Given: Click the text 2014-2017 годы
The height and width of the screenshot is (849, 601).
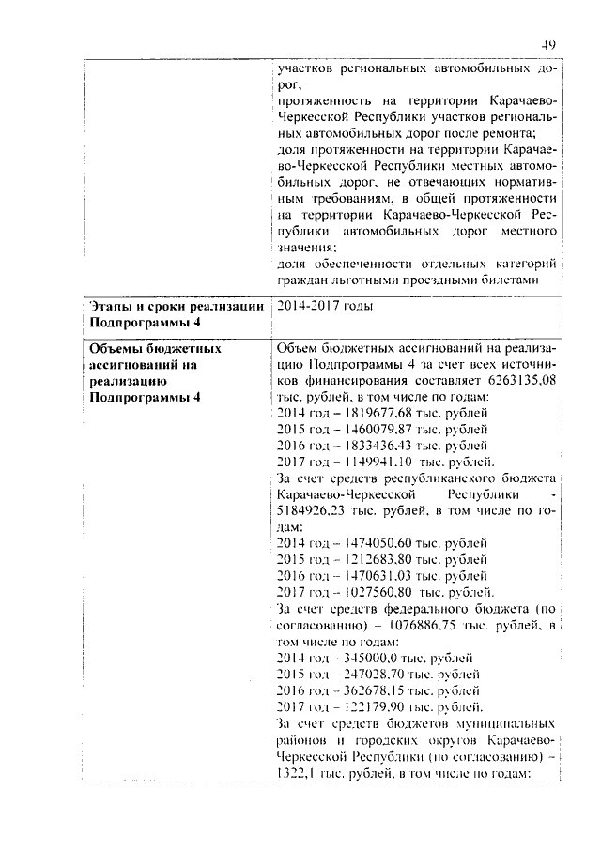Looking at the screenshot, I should click(325, 306).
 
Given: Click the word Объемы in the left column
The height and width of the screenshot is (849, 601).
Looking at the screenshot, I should click(116, 347).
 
